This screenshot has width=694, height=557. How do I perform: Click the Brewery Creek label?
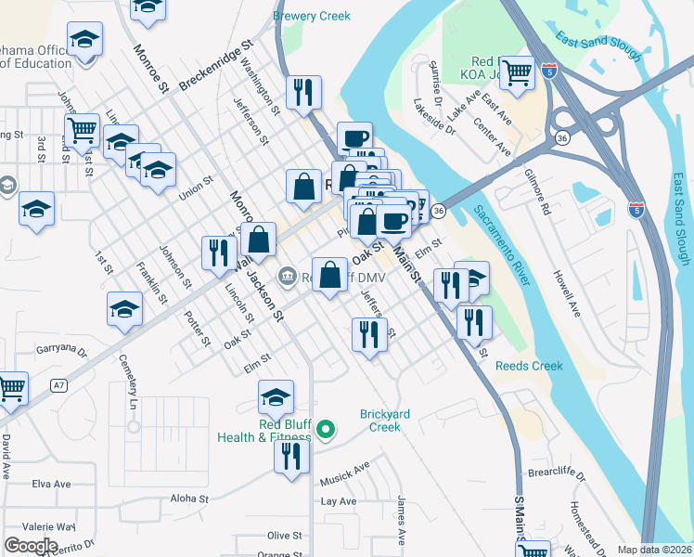point(313,16)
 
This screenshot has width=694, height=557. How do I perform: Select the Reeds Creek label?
point(529,366)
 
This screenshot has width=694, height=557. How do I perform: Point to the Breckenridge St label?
point(216,65)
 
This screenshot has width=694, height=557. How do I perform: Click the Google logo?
point(31,546)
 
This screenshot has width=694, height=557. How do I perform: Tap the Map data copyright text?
point(654,550)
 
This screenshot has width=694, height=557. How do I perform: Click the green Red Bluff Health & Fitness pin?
point(325,429)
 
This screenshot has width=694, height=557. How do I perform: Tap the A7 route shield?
point(58,384)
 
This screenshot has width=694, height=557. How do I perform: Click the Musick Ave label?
point(344,474)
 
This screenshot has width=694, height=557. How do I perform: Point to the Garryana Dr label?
point(60,353)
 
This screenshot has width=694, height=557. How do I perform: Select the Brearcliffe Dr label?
point(557,473)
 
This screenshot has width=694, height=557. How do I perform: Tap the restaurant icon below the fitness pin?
point(292,456)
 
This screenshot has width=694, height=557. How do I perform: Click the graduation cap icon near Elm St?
point(276,396)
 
